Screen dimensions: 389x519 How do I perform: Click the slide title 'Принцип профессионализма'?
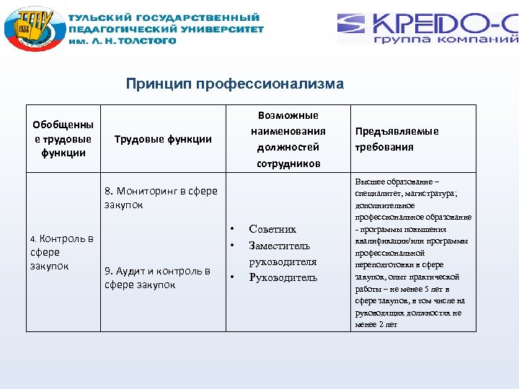(x=235, y=84)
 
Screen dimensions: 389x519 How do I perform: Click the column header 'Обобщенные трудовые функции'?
(x=63, y=138)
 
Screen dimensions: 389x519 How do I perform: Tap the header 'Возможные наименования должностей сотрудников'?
(x=288, y=139)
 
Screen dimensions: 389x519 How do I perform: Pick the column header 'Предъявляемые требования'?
(x=396, y=139)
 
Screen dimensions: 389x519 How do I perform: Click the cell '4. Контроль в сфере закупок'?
(x=61, y=252)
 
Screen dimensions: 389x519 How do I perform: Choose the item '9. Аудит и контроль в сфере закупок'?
(x=157, y=277)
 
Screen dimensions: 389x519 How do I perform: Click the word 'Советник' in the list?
(x=272, y=229)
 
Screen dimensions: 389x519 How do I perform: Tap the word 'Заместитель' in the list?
(x=280, y=246)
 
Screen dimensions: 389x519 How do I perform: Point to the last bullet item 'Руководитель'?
(x=283, y=277)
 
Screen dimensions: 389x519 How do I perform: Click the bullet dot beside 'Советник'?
(x=232, y=229)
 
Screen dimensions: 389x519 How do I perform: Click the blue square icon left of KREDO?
(x=352, y=28)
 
